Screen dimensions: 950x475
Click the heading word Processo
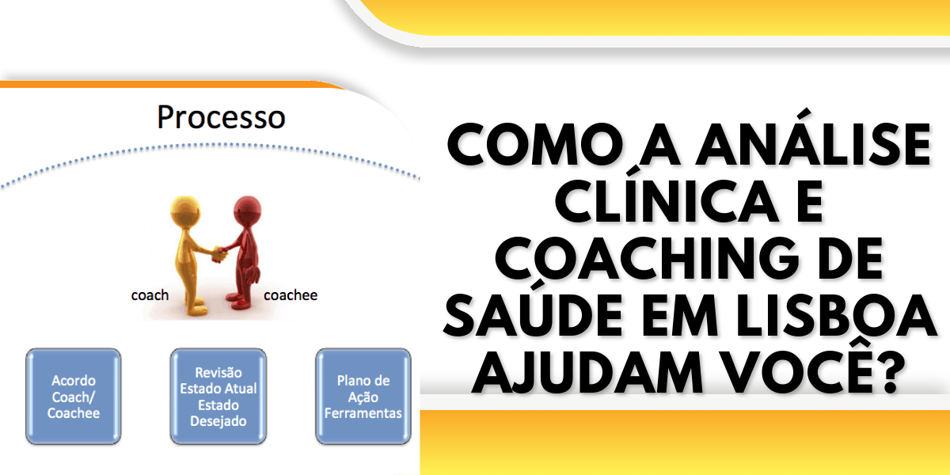(221, 117)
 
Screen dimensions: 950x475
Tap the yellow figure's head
(185, 211)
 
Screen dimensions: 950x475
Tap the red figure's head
(247, 211)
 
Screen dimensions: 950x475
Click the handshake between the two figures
(219, 254)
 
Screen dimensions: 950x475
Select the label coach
(150, 295)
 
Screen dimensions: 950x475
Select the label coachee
(291, 295)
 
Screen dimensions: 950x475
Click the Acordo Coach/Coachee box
(74, 397)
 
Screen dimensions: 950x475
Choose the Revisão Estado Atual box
(218, 397)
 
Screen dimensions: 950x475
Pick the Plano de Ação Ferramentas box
(363, 397)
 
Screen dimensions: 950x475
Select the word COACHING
(644, 259)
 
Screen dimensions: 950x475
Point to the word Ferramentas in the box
(363, 413)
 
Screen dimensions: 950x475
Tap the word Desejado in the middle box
(218, 421)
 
